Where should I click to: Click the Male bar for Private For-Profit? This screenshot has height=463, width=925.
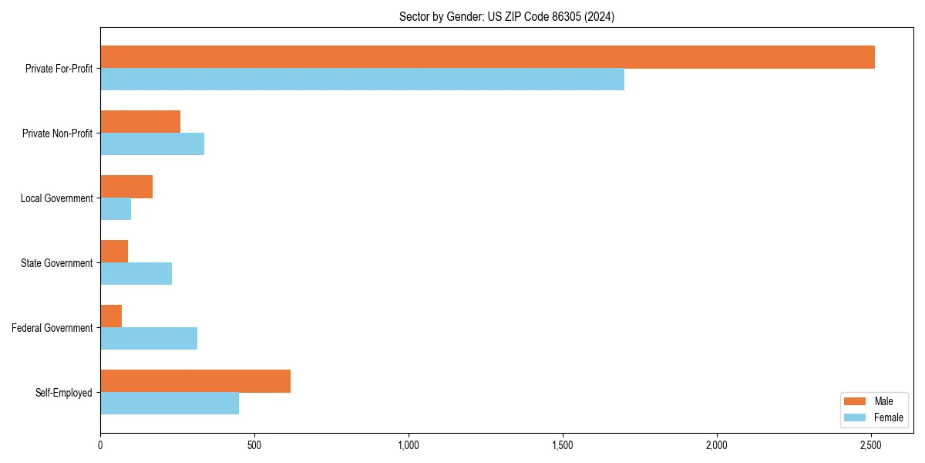[487, 57]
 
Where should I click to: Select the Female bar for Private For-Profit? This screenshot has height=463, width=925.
[362, 79]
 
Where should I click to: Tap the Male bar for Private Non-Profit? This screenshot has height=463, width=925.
[140, 122]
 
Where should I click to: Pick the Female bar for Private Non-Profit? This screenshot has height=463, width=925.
[152, 144]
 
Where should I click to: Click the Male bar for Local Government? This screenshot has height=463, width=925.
[126, 187]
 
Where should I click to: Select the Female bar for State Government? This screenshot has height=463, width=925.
[136, 274]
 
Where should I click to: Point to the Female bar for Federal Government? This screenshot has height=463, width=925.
[149, 339]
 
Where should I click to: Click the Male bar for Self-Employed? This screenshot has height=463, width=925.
[195, 381]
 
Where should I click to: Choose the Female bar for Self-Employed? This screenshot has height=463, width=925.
[170, 404]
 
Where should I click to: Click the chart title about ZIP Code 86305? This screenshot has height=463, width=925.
[506, 16]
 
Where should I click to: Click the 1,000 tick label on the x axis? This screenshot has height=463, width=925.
[409, 445]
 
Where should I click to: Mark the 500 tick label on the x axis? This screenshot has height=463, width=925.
[254, 445]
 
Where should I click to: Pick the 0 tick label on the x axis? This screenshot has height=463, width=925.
[100, 445]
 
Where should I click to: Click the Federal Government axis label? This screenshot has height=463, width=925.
[52, 328]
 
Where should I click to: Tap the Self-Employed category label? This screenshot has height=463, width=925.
[64, 393]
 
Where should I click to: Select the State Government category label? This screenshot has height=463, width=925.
[57, 263]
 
